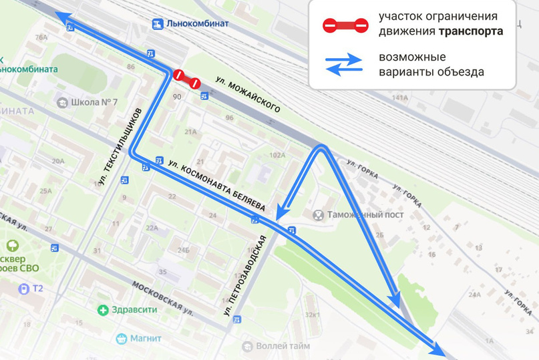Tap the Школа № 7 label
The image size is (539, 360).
(96, 102)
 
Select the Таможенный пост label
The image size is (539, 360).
(357, 215)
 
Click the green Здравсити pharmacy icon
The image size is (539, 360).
(103, 310)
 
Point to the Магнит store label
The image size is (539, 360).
(146, 339)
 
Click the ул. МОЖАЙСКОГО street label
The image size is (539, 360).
(248, 94)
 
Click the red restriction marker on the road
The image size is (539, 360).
(186, 79)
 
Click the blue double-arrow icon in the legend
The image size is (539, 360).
(344, 65)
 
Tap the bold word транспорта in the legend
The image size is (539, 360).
(471, 31)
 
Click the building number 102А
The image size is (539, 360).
(277, 155)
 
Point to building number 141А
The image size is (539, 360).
(399, 98)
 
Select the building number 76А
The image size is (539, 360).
(41, 38)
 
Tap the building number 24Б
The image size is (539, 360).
(183, 250)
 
